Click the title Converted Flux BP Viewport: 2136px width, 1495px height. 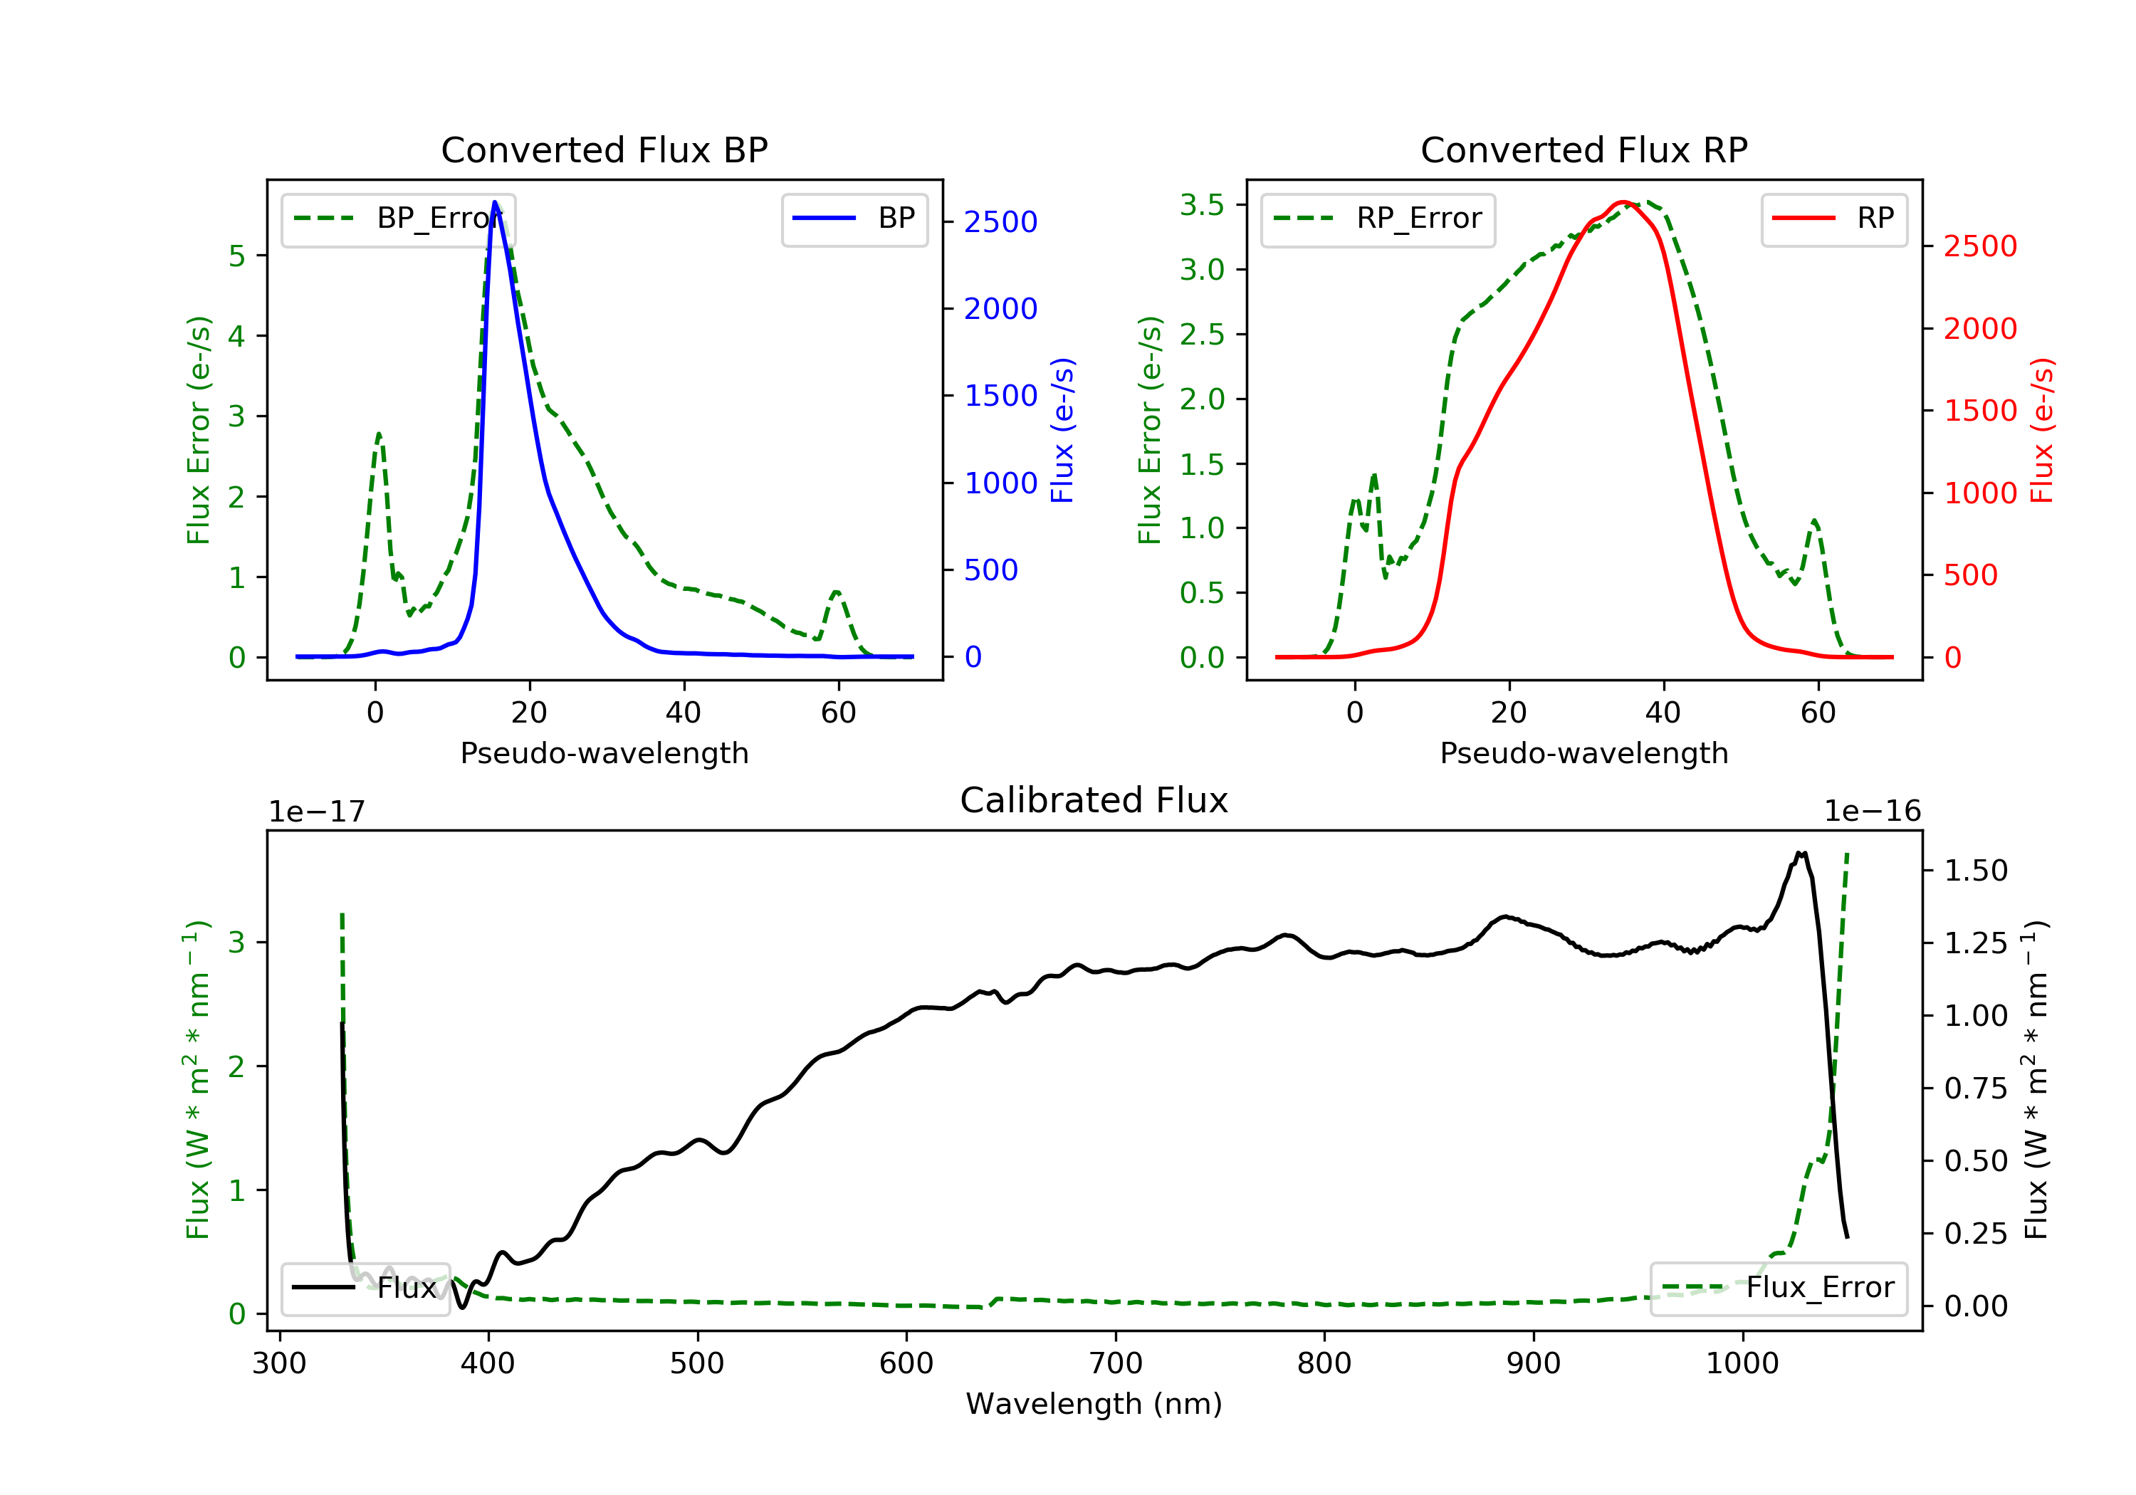coord(604,149)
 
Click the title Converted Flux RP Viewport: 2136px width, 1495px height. coord(1583,149)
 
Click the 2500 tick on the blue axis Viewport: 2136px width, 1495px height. coord(1000,222)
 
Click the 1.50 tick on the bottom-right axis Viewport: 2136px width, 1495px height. coord(1976,871)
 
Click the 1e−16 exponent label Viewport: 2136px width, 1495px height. coord(1872,812)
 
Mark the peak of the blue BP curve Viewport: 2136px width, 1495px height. coord(495,202)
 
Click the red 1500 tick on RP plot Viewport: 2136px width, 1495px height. coord(1979,411)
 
